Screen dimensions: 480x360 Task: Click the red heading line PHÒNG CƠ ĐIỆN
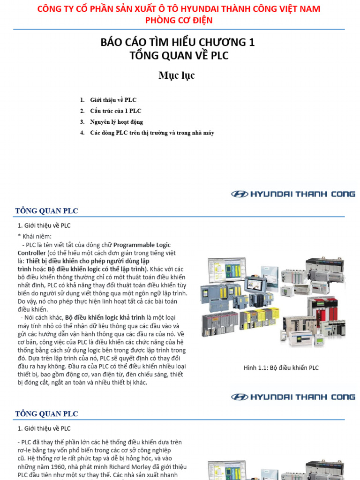point(179,20)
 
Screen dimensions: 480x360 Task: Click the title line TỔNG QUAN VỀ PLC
point(179,56)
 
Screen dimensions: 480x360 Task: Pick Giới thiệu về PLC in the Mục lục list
point(113,100)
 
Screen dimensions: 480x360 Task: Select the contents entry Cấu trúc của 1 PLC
point(115,111)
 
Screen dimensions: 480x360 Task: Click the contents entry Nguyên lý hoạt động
point(116,122)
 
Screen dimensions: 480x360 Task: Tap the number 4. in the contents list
point(82,133)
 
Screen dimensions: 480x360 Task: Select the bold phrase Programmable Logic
point(142,245)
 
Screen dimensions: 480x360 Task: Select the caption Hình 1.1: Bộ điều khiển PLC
point(281,368)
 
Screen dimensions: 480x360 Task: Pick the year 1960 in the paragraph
point(53,467)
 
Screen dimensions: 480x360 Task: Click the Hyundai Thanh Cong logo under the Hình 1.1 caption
point(293,397)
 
